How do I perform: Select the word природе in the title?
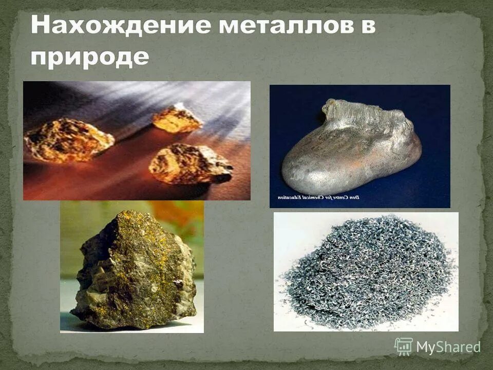pos(90,57)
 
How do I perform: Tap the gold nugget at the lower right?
pos(189,164)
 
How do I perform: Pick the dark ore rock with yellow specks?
pos(134,272)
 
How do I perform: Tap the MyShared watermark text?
pos(448,347)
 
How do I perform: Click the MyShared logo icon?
pos(404,346)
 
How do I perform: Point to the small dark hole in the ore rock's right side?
pos(178,282)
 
